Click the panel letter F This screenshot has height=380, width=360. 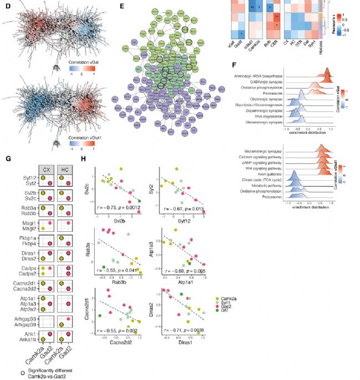click(238, 65)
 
